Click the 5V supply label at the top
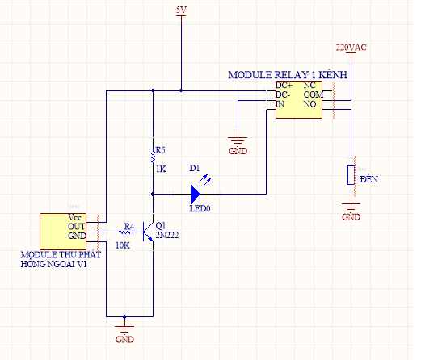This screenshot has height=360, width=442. click(182, 10)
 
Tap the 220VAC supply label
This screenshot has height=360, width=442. click(351, 48)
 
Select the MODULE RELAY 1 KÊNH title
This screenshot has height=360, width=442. click(287, 74)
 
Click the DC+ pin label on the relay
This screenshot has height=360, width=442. click(284, 85)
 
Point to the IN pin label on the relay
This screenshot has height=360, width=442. click(280, 104)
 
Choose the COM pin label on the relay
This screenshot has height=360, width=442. click(313, 94)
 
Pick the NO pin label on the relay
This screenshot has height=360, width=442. click(310, 104)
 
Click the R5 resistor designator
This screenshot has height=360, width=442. click(160, 150)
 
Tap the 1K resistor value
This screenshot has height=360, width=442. click(160, 170)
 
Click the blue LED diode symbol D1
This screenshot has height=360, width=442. click(196, 193)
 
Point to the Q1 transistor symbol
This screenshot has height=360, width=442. click(147, 232)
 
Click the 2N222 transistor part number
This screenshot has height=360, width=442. click(167, 235)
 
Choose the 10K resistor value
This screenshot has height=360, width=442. click(123, 245)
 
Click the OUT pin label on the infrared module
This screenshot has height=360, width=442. click(76, 227)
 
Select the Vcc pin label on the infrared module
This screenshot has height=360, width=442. click(75, 217)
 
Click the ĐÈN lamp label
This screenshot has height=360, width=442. click(368, 178)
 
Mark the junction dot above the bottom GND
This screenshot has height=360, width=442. click(124, 316)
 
